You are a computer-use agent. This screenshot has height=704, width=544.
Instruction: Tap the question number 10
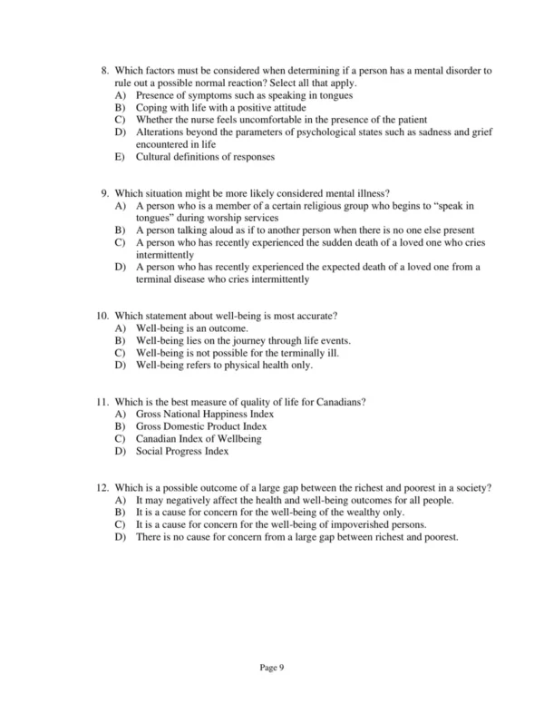coord(102,315)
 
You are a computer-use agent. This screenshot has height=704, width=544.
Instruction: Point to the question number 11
coord(102,401)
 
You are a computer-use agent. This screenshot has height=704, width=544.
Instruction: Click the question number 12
coord(102,487)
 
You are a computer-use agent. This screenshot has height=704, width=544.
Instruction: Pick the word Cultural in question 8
coord(153,156)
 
